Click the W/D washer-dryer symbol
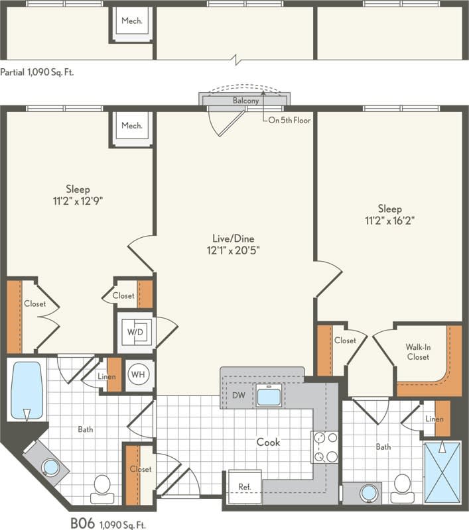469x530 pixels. (137, 332)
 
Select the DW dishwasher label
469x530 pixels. (239, 396)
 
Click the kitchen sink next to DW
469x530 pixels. (269, 396)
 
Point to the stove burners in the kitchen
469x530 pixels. (324, 447)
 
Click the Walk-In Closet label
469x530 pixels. (417, 351)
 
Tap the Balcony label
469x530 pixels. (245, 101)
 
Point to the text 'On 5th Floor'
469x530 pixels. (289, 121)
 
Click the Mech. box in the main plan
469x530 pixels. (131, 125)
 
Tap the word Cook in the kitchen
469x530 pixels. (269, 442)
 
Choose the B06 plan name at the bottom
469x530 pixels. (84, 524)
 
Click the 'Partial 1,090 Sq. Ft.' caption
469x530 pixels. (37, 72)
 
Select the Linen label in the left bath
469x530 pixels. (106, 377)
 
